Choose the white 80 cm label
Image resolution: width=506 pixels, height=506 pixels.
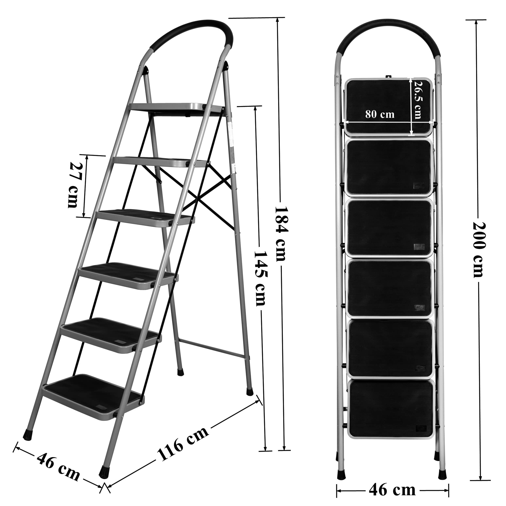tap(379, 114)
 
